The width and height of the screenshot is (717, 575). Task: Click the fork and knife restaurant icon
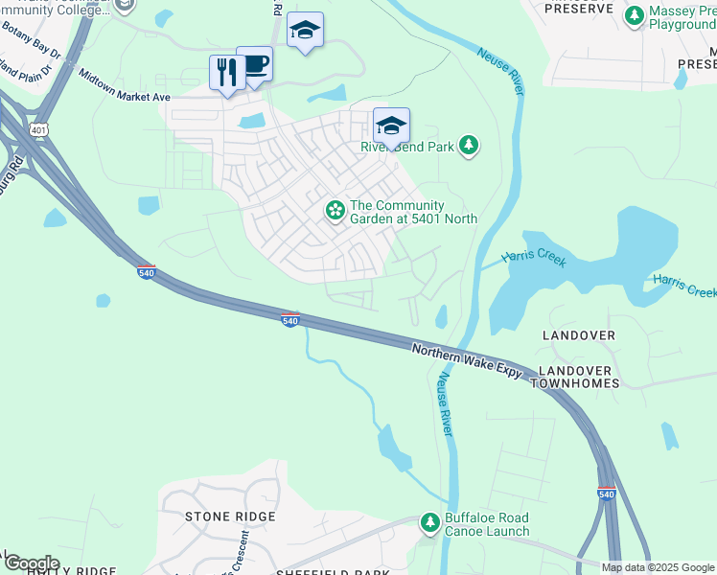click(227, 73)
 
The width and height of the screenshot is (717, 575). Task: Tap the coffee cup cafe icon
click(255, 65)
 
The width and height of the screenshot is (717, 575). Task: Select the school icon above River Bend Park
click(391, 126)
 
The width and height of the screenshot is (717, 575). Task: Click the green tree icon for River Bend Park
click(468, 147)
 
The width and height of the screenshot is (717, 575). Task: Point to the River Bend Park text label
click(406, 148)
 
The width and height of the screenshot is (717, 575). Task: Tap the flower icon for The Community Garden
click(335, 209)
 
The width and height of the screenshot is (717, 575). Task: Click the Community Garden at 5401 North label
click(413, 212)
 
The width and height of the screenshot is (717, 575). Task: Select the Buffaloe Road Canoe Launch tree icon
click(429, 522)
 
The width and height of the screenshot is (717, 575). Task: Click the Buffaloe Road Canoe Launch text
click(486, 525)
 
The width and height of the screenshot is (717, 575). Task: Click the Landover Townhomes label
click(578, 377)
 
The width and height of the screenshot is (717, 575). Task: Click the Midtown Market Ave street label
click(124, 85)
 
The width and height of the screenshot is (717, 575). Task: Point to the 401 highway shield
click(38, 129)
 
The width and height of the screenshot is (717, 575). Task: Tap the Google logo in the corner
click(32, 563)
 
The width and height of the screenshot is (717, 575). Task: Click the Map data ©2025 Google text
click(658, 567)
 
